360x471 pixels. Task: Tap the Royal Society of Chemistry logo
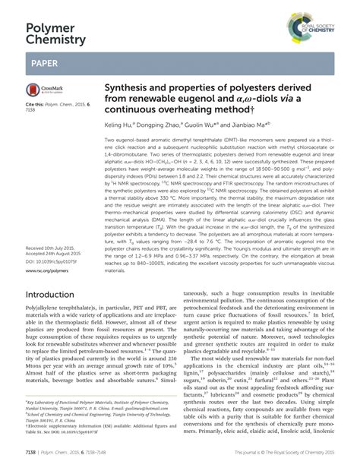tap(316, 30)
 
